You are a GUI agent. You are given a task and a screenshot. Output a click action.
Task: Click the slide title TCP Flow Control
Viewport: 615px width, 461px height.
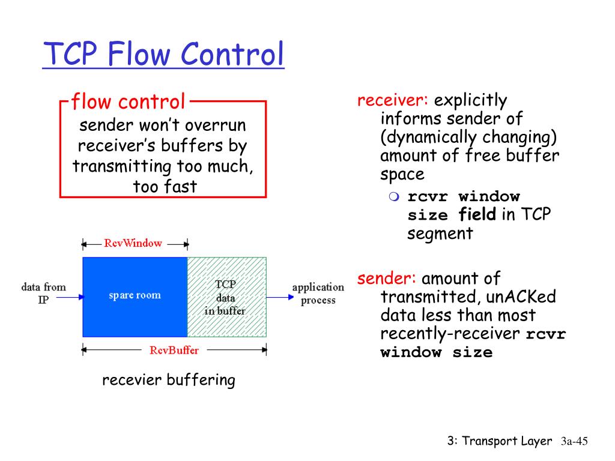click(x=163, y=55)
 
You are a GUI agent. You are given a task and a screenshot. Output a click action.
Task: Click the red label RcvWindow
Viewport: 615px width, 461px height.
click(x=133, y=243)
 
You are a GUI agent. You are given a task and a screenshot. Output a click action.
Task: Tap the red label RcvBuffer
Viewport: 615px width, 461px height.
click(x=174, y=351)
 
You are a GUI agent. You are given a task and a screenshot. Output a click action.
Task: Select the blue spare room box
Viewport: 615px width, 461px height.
click(x=135, y=296)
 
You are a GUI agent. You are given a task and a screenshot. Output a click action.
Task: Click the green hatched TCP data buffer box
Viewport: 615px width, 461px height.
click(x=226, y=297)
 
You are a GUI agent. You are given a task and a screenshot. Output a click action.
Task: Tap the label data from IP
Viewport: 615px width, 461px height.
click(x=43, y=293)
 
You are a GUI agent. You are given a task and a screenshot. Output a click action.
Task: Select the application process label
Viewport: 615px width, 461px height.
click(x=318, y=294)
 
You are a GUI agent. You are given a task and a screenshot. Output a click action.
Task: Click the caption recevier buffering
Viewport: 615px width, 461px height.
click(x=168, y=380)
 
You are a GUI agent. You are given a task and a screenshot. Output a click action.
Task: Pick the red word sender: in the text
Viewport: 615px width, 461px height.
click(x=387, y=279)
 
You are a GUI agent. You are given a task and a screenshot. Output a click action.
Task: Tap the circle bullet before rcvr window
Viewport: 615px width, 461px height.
click(x=393, y=197)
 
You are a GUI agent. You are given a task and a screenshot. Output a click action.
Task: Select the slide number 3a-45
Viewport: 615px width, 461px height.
click(x=573, y=442)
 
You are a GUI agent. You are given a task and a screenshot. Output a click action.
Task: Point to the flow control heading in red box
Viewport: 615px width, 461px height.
click(x=128, y=101)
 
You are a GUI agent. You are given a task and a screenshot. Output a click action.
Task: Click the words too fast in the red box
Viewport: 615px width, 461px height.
click(x=165, y=186)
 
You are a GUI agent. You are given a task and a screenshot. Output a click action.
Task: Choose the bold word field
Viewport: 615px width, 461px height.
click(x=477, y=214)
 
